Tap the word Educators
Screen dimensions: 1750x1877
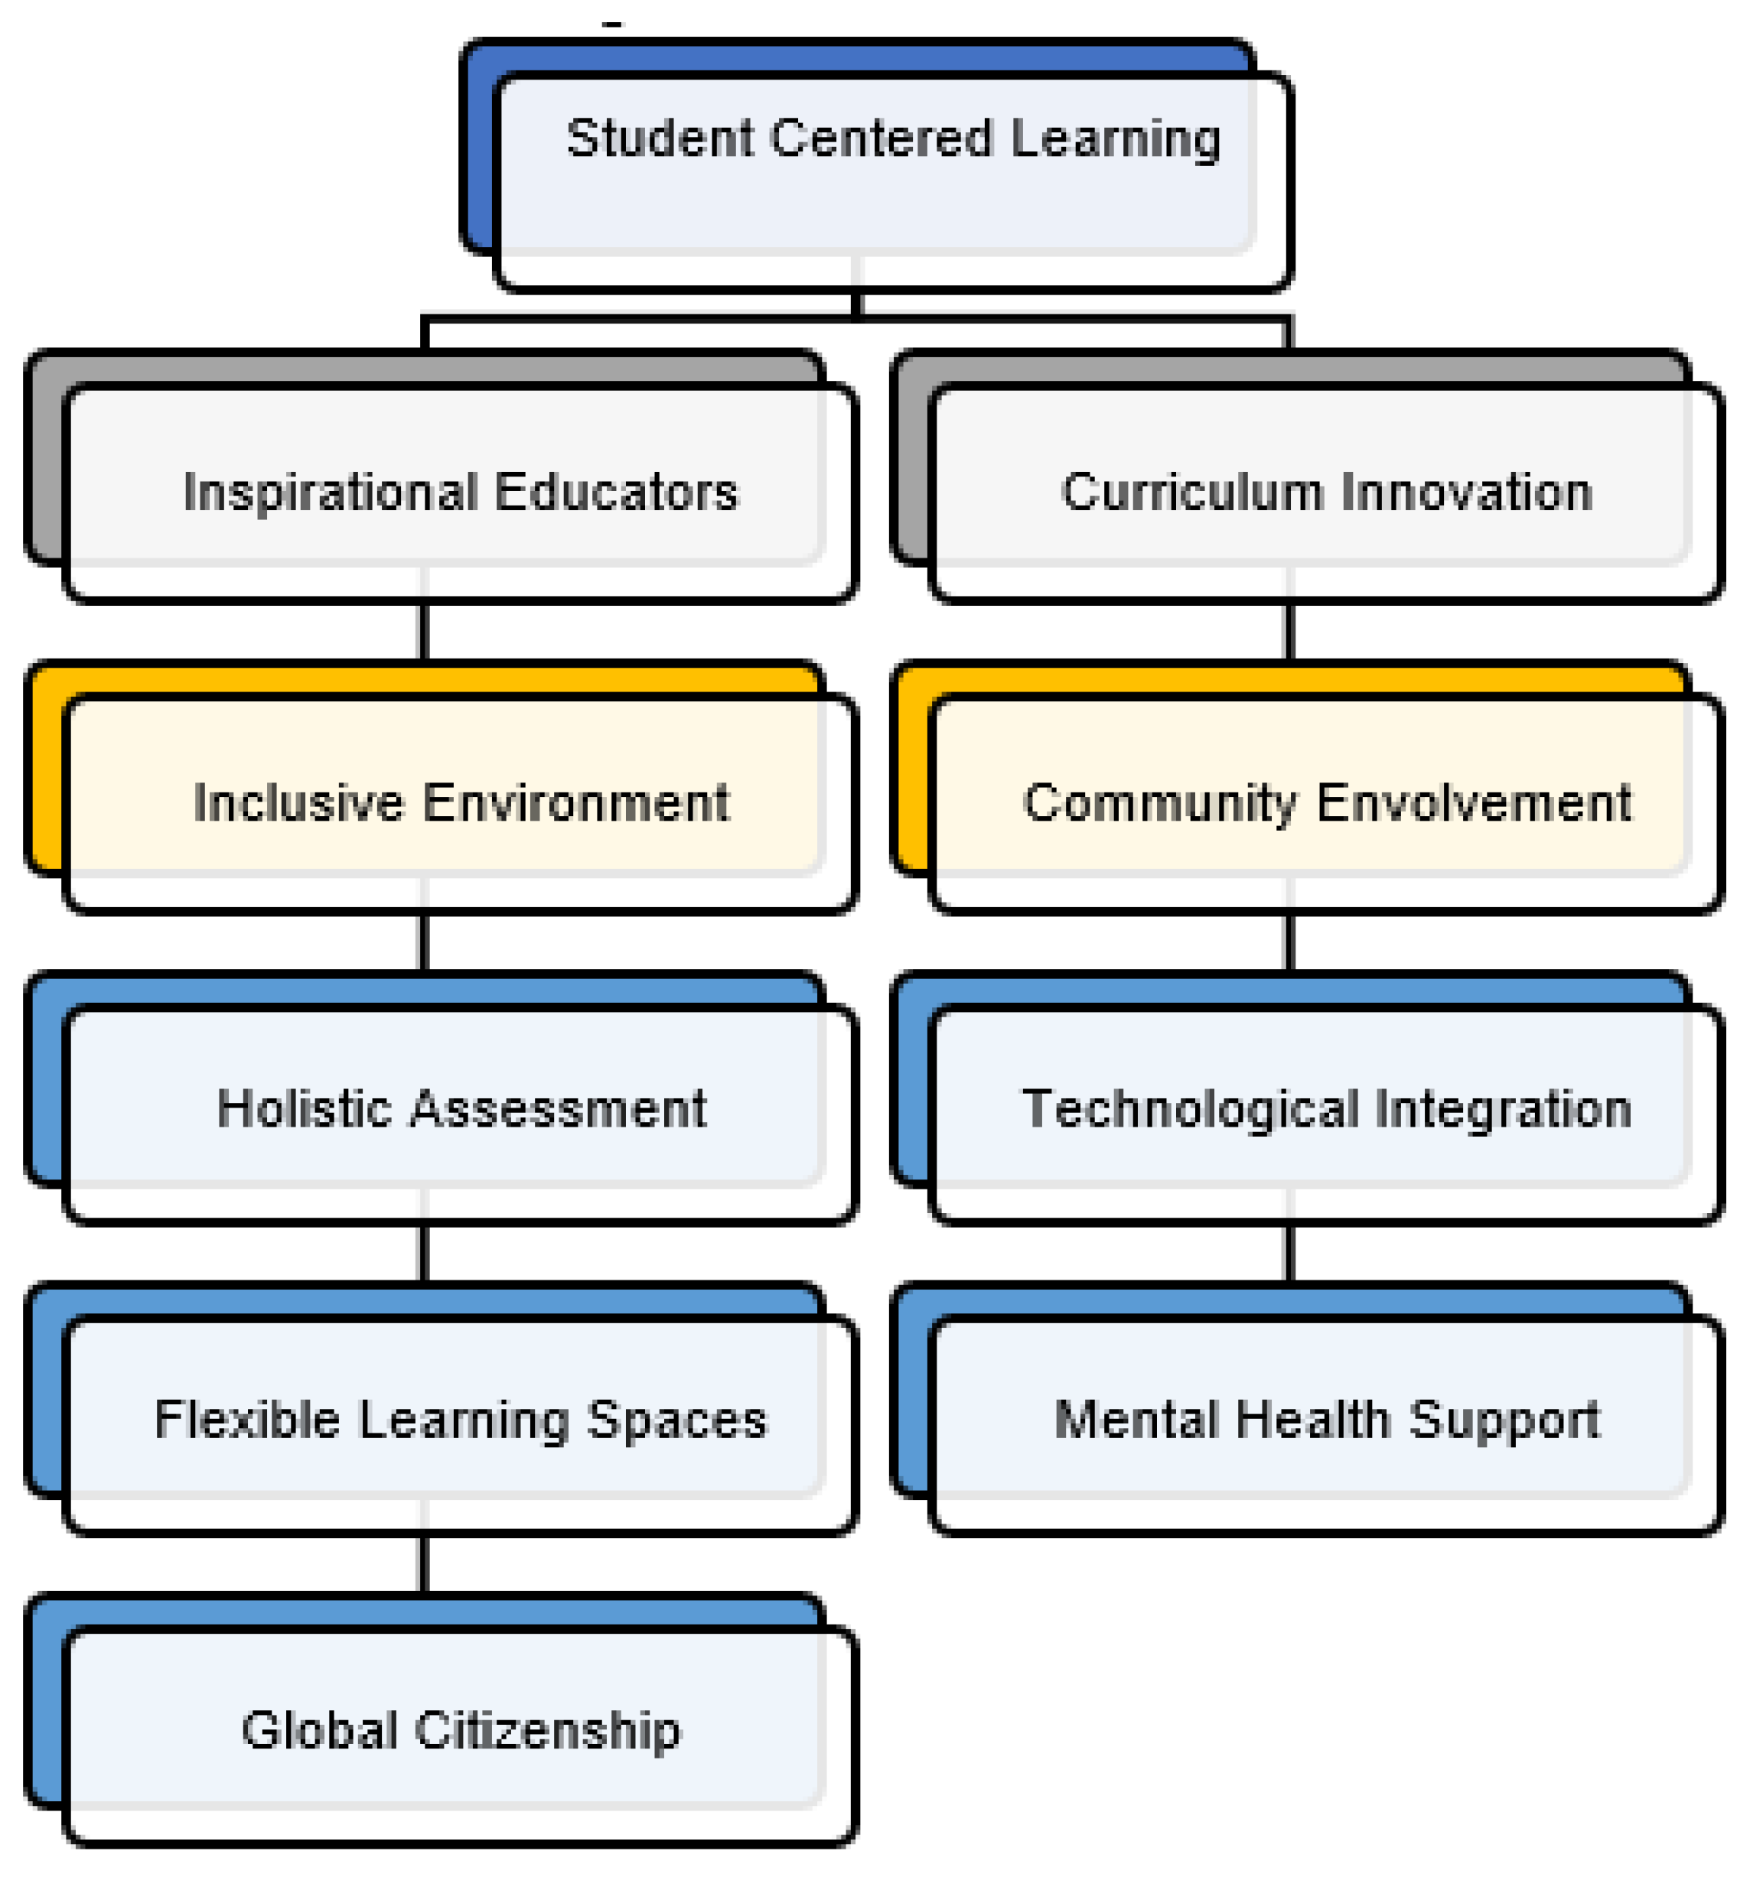coord(616,492)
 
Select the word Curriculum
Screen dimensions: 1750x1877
coord(1192,492)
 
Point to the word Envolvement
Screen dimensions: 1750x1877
coord(1473,802)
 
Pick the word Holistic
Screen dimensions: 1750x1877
coord(304,1108)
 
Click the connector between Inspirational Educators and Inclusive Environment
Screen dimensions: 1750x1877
coord(424,631)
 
